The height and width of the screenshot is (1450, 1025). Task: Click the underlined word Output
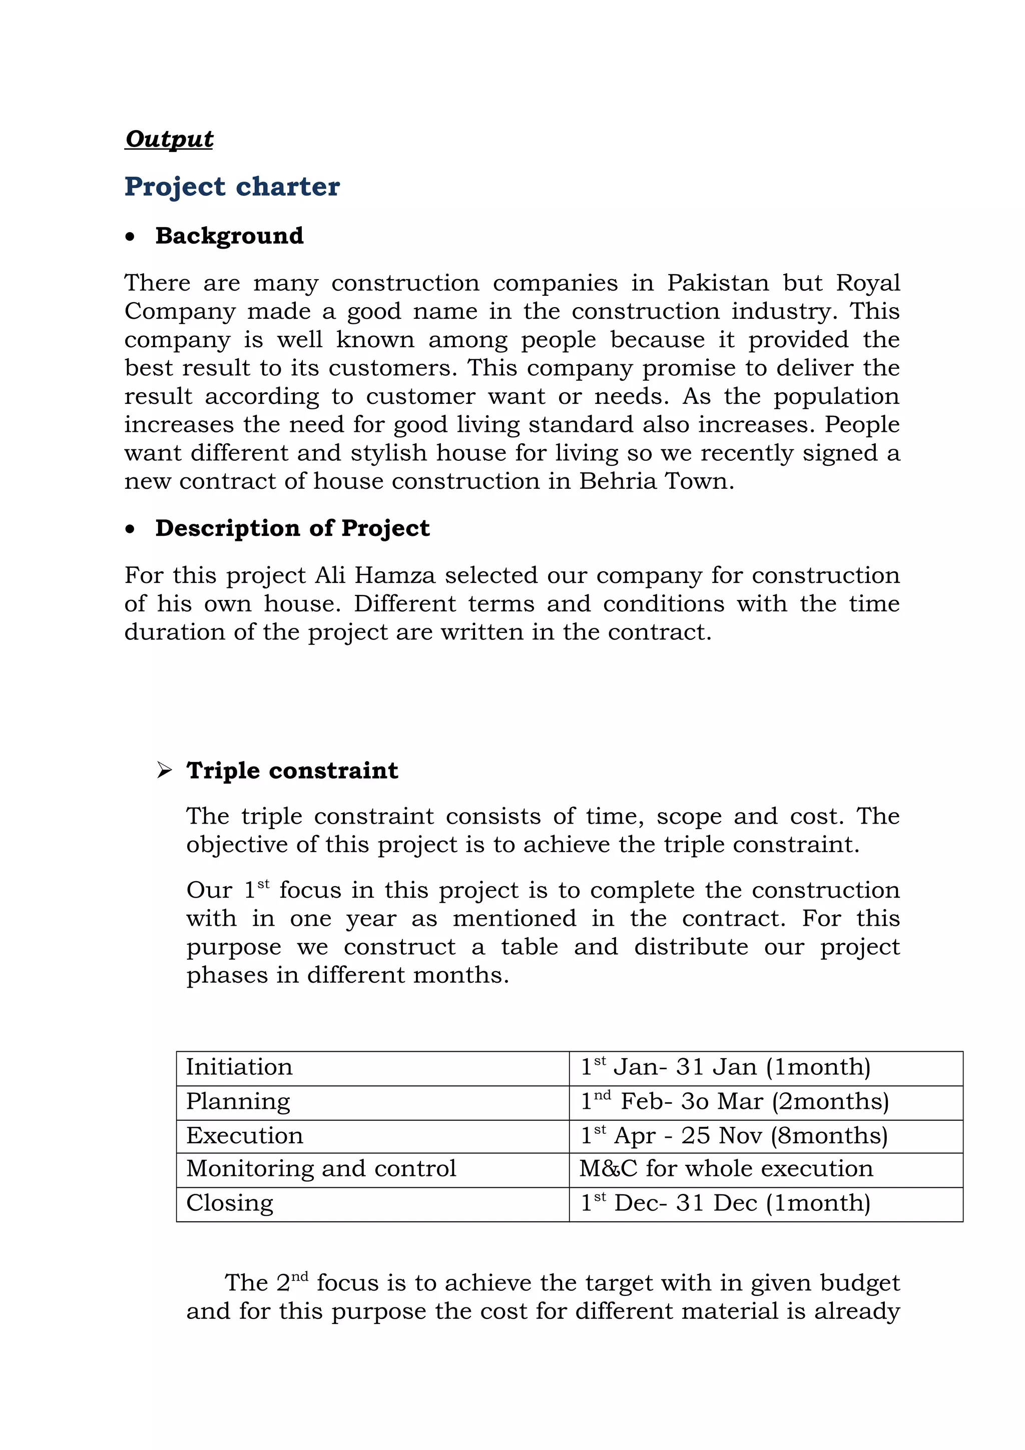(x=169, y=139)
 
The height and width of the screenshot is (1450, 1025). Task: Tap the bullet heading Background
(x=229, y=236)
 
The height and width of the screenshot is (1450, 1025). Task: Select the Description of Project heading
(x=292, y=528)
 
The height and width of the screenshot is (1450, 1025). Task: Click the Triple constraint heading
(x=292, y=771)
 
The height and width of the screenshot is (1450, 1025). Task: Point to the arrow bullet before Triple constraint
(x=164, y=771)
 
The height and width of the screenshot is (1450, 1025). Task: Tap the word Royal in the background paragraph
(x=867, y=282)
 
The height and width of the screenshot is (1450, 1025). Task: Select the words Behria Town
(x=656, y=481)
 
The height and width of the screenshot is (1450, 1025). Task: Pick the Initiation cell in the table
(x=239, y=1067)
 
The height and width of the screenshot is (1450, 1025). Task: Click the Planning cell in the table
(x=238, y=1101)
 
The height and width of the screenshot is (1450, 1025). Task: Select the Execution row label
(x=244, y=1135)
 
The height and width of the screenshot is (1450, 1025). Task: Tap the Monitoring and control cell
(x=321, y=1168)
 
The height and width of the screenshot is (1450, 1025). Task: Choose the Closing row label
(x=230, y=1202)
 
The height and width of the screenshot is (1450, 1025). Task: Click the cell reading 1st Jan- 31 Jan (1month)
(x=726, y=1067)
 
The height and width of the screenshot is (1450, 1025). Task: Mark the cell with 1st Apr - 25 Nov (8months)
(x=734, y=1135)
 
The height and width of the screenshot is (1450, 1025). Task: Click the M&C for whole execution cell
(x=726, y=1168)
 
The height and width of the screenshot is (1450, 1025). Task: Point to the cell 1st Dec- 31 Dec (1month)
(x=726, y=1202)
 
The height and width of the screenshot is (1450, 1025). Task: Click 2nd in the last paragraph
(x=292, y=1283)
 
